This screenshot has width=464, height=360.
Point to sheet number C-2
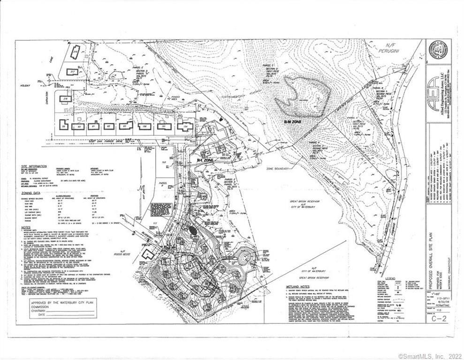[438, 320]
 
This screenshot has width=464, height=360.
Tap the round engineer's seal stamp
[439, 51]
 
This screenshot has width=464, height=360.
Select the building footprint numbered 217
[73, 71]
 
